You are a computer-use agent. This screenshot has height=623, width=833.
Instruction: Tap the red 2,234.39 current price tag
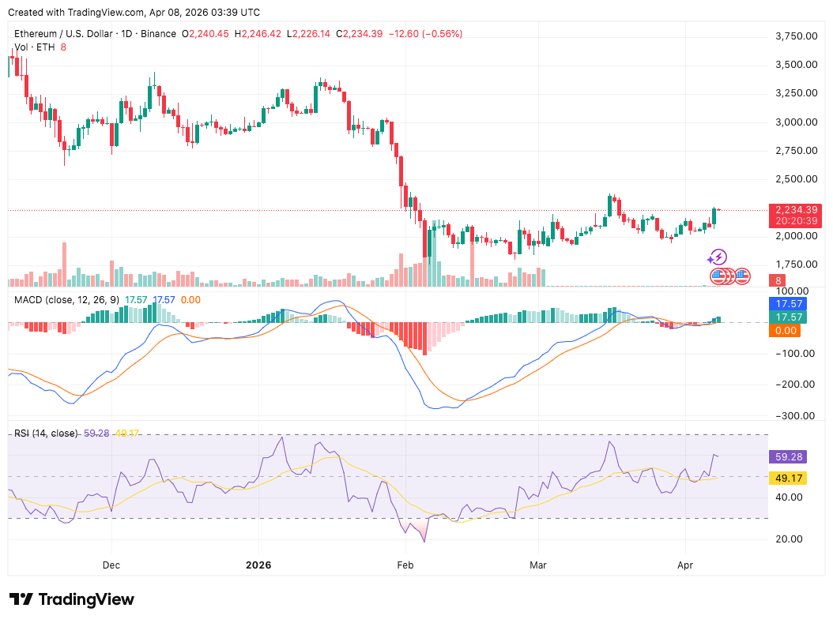797,209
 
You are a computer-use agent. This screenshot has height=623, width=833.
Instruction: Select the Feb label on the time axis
405,565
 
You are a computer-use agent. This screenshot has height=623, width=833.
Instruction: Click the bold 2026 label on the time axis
258,565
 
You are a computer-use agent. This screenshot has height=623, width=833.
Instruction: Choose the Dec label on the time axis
111,565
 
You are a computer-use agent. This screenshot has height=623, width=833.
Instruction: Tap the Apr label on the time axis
685,565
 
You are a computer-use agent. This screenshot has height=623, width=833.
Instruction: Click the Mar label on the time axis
538,565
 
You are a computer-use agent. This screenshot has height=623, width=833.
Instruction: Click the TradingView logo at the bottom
72,599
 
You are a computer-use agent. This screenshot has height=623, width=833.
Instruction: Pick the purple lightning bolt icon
717,257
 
